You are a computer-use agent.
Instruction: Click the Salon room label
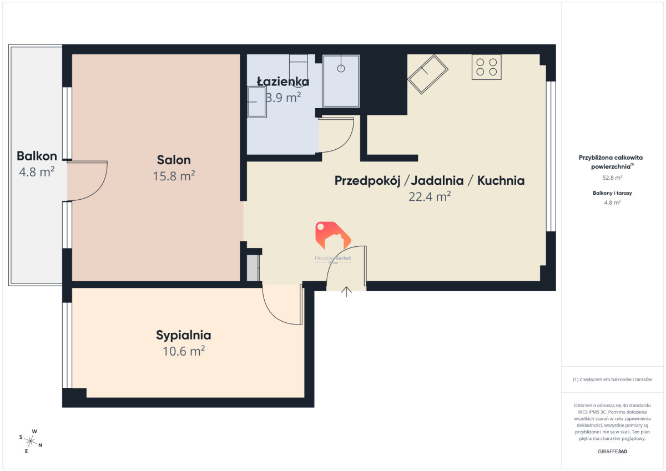(174, 160)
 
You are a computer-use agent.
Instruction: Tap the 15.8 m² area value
(174, 176)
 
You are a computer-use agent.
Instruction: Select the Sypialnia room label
(184, 336)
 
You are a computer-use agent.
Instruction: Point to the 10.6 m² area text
(184, 351)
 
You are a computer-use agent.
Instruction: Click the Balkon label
(37, 156)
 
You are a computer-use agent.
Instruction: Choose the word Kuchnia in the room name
(501, 181)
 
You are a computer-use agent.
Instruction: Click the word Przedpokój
(367, 181)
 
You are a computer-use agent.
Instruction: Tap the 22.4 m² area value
(430, 196)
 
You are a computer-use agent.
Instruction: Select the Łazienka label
(282, 82)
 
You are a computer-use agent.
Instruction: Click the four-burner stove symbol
(486, 67)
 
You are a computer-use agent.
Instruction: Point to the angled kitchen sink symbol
(427, 74)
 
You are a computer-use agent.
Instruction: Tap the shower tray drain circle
(341, 69)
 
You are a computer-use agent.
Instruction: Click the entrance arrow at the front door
(346, 292)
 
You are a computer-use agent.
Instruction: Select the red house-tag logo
(333, 235)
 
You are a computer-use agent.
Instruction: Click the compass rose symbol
(31, 441)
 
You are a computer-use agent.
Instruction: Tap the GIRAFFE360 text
(612, 452)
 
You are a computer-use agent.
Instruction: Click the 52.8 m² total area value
(612, 178)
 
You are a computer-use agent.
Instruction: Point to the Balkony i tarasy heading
(612, 193)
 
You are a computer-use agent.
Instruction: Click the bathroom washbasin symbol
(257, 102)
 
